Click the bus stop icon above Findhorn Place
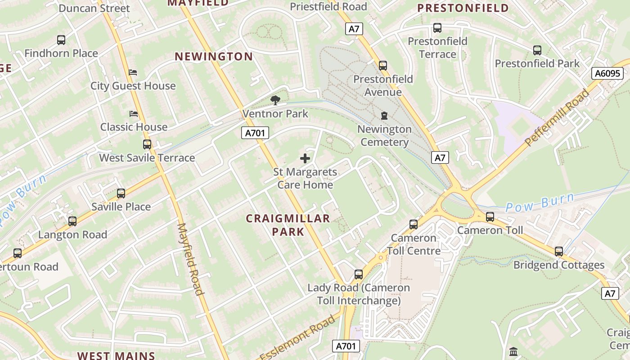click(x=61, y=40)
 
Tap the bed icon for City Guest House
click(x=133, y=72)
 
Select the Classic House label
click(x=134, y=127)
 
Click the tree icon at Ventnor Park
click(x=275, y=100)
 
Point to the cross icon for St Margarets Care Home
click(x=305, y=158)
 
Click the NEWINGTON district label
click(x=214, y=57)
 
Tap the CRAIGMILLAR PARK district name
click(x=288, y=225)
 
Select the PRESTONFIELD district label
click(x=463, y=8)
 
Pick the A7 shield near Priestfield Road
click(x=354, y=29)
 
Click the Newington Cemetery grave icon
click(x=384, y=116)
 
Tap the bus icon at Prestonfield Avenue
click(x=383, y=66)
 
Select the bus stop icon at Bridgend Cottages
click(x=559, y=252)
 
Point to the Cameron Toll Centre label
click(x=414, y=244)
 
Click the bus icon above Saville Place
click(x=121, y=193)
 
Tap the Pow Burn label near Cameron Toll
click(x=540, y=203)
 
